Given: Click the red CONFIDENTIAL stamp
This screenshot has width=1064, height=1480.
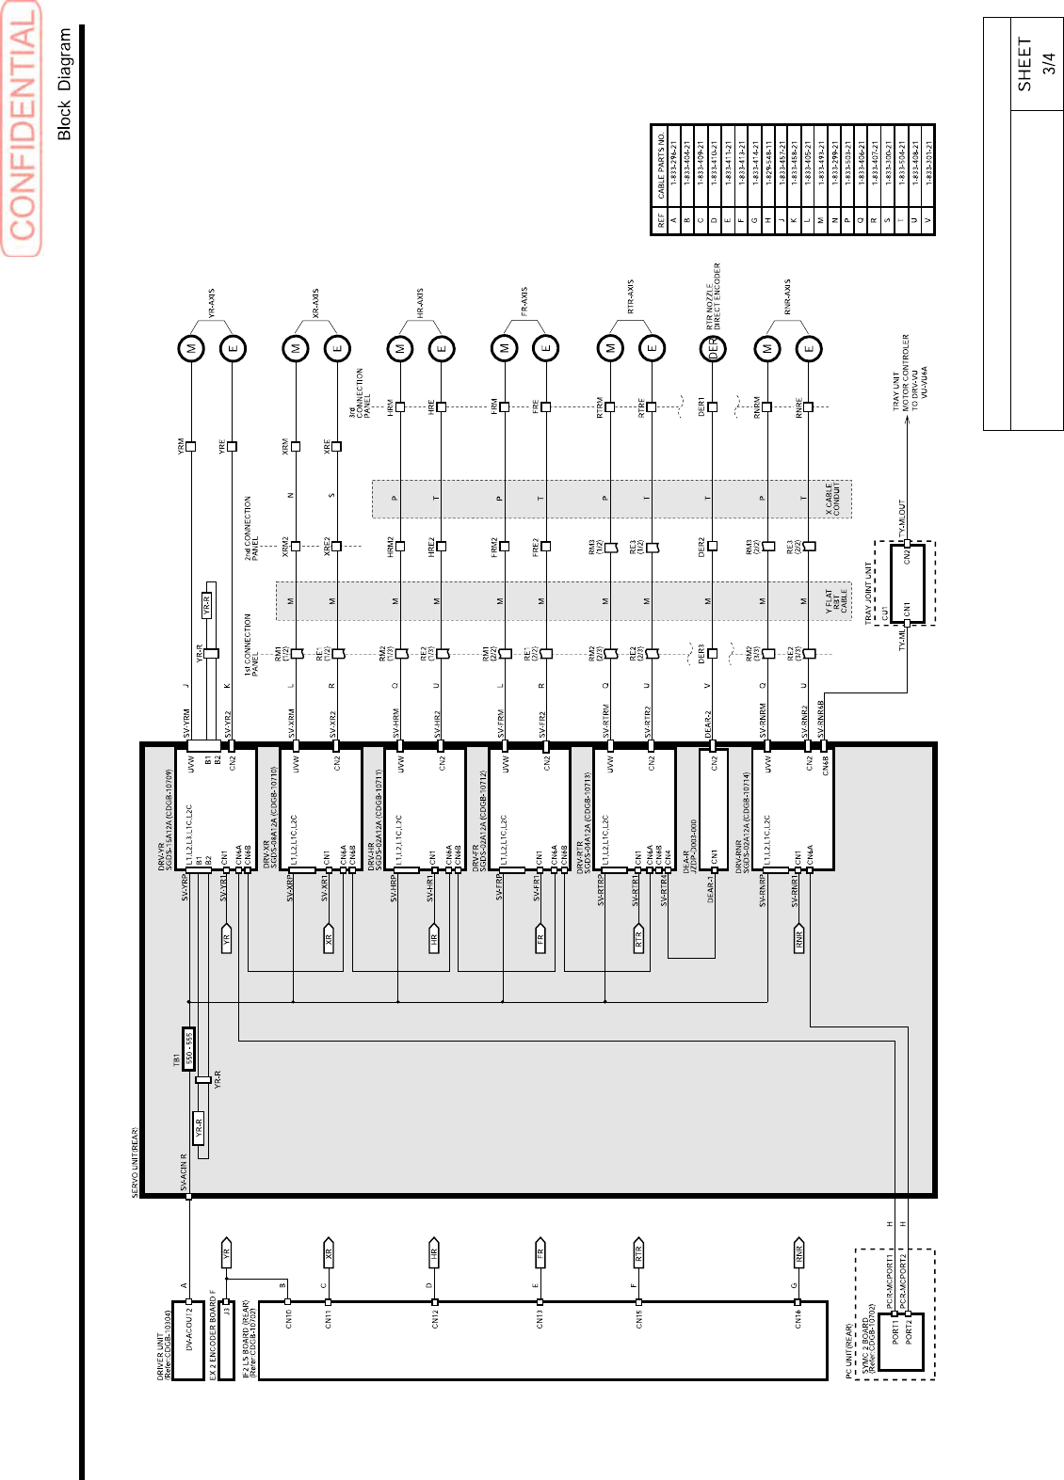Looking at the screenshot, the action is pyautogui.click(x=23, y=128).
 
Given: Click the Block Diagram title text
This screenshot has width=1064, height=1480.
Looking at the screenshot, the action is pyautogui.click(x=64, y=84).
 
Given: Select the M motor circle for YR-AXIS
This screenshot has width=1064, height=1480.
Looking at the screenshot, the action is pyautogui.click(x=191, y=348).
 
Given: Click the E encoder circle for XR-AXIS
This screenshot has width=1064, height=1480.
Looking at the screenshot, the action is pyautogui.click(x=337, y=348).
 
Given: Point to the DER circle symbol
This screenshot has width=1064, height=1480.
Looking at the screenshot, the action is pyautogui.click(x=713, y=348).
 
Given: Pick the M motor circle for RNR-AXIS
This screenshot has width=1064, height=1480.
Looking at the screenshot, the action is pyautogui.click(x=767, y=348).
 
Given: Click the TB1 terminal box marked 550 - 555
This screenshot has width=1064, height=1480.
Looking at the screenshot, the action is pyautogui.click(x=189, y=1048).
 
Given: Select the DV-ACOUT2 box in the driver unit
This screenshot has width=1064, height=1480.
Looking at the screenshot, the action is pyautogui.click(x=189, y=1340).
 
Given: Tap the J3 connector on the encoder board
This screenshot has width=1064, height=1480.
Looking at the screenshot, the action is pyautogui.click(x=226, y=1307).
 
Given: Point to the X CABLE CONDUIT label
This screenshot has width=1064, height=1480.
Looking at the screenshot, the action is pyautogui.click(x=834, y=499).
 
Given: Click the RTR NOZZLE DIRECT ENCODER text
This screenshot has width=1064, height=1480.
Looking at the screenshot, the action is pyautogui.click(x=713, y=294).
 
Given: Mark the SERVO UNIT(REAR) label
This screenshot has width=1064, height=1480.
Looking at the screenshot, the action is pyautogui.click(x=135, y=1162).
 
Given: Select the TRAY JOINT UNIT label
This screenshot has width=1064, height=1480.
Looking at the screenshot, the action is pyautogui.click(x=868, y=593).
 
